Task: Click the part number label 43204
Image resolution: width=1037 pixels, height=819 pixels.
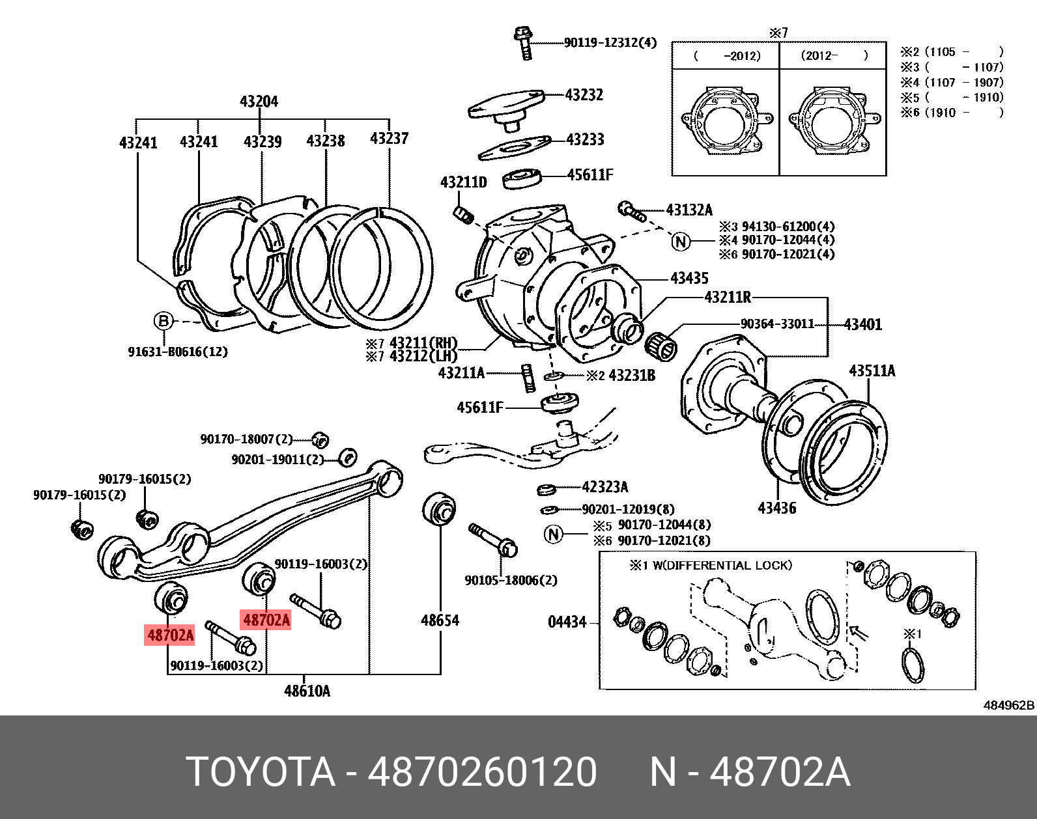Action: pyautogui.click(x=259, y=102)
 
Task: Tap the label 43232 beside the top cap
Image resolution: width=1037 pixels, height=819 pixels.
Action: pyautogui.click(x=584, y=95)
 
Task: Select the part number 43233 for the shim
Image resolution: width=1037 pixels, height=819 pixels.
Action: pyautogui.click(x=585, y=139)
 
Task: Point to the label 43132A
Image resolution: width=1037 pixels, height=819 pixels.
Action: pyautogui.click(x=689, y=210)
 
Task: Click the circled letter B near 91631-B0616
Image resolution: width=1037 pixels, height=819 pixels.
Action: pyautogui.click(x=163, y=321)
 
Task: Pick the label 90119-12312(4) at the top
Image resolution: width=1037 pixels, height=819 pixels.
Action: pyautogui.click(x=610, y=43)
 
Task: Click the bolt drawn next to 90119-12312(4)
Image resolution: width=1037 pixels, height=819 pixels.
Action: pyautogui.click(x=524, y=42)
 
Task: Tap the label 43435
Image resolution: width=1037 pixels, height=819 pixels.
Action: pyautogui.click(x=689, y=279)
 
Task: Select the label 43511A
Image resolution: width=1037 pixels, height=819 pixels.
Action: pyautogui.click(x=872, y=371)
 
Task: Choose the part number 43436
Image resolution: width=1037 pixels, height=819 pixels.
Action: pyautogui.click(x=776, y=508)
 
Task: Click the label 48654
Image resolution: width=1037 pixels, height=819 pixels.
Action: pyautogui.click(x=440, y=620)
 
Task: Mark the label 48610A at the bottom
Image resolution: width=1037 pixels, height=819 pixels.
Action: pyautogui.click(x=307, y=691)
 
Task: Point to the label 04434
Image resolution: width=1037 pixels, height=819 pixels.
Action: pyautogui.click(x=567, y=622)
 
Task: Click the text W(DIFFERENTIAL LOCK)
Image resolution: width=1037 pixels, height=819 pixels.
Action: pyautogui.click(x=722, y=565)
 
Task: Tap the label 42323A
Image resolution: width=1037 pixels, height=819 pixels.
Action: pyautogui.click(x=604, y=487)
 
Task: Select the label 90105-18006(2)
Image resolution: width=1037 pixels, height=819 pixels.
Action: pyautogui.click(x=511, y=580)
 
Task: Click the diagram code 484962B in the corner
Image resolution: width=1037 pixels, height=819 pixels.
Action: pyautogui.click(x=1008, y=705)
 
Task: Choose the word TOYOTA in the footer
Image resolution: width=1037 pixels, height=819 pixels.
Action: pyautogui.click(x=261, y=772)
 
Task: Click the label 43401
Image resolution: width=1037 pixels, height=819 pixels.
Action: pyautogui.click(x=862, y=324)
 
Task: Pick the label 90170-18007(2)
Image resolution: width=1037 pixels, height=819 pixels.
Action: pyautogui.click(x=246, y=439)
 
